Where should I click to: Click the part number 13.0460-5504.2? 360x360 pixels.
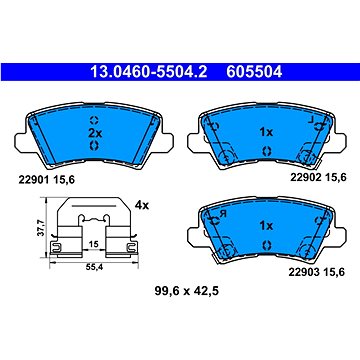tap(149, 72)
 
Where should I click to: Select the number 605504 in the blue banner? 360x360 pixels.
tap(254, 72)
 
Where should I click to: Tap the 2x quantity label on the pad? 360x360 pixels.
tap(95, 133)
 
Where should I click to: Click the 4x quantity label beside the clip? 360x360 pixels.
tap(142, 205)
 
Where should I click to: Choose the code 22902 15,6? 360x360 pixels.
tap(318, 178)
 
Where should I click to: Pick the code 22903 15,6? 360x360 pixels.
tap(316, 272)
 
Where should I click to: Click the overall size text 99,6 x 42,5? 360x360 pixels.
tap(186, 291)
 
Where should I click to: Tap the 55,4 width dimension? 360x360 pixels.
tap(94, 268)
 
